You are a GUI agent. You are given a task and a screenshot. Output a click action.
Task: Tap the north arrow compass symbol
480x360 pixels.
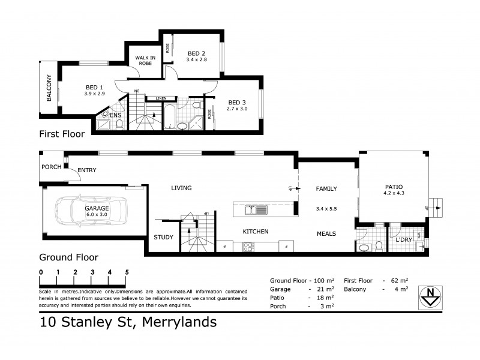(x=431, y=296)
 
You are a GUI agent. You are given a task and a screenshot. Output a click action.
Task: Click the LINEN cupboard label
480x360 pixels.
(x=160, y=98)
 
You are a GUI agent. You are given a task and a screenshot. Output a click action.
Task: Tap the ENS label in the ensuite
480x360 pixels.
(x=115, y=115)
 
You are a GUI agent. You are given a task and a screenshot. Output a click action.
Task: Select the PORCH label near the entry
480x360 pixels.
(x=51, y=167)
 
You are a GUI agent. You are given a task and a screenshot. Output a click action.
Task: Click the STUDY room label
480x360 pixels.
(x=164, y=237)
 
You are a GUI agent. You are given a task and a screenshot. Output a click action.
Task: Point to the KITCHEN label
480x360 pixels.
(x=255, y=232)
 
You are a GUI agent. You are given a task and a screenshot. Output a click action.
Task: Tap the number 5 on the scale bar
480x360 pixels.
(x=127, y=272)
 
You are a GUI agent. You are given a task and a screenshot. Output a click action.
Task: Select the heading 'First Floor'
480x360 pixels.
(x=62, y=134)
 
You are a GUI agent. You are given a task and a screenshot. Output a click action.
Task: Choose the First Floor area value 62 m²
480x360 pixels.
(x=399, y=280)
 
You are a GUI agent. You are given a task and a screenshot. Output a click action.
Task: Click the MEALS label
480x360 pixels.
(x=326, y=233)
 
